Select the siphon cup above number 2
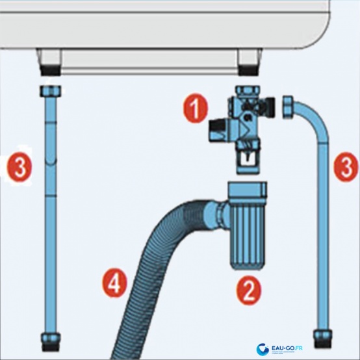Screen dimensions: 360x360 247,234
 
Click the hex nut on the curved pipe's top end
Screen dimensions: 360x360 289,108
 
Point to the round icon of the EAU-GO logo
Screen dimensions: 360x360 264,350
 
